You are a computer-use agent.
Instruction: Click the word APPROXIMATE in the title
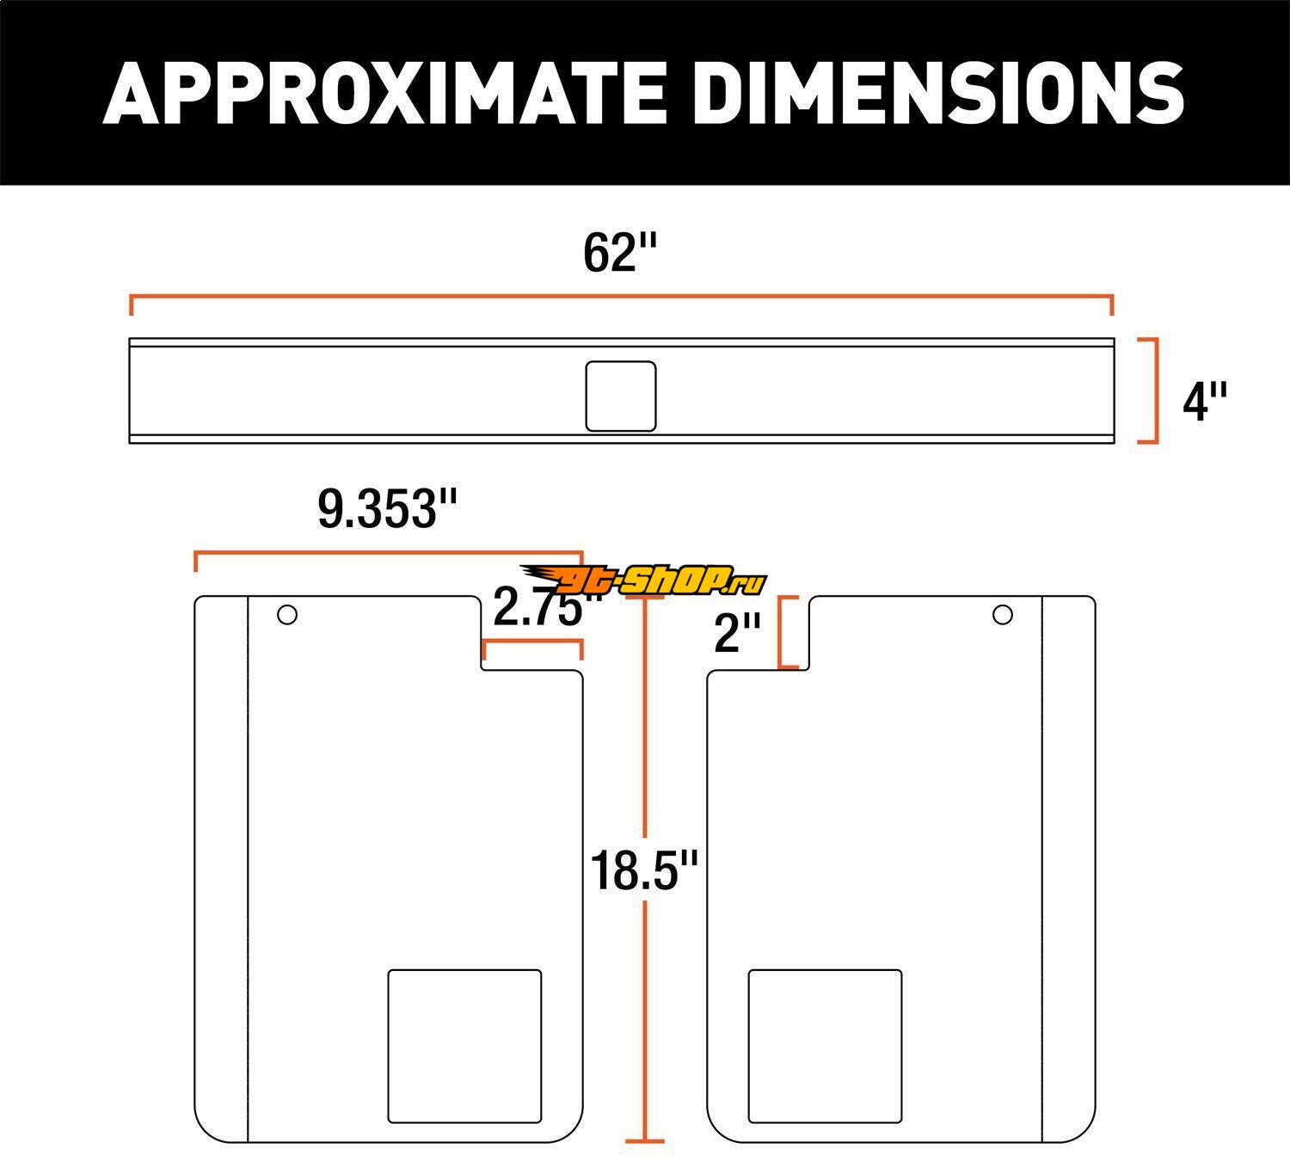point(384,93)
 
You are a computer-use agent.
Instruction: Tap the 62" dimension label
point(620,254)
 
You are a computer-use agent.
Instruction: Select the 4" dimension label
point(1205,402)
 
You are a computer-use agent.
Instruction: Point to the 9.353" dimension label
point(387,509)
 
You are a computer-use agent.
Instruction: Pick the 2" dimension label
point(737,633)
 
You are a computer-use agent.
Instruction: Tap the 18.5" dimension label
point(644,871)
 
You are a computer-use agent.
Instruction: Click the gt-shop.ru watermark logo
point(643,580)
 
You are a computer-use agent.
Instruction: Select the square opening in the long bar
point(621,396)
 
